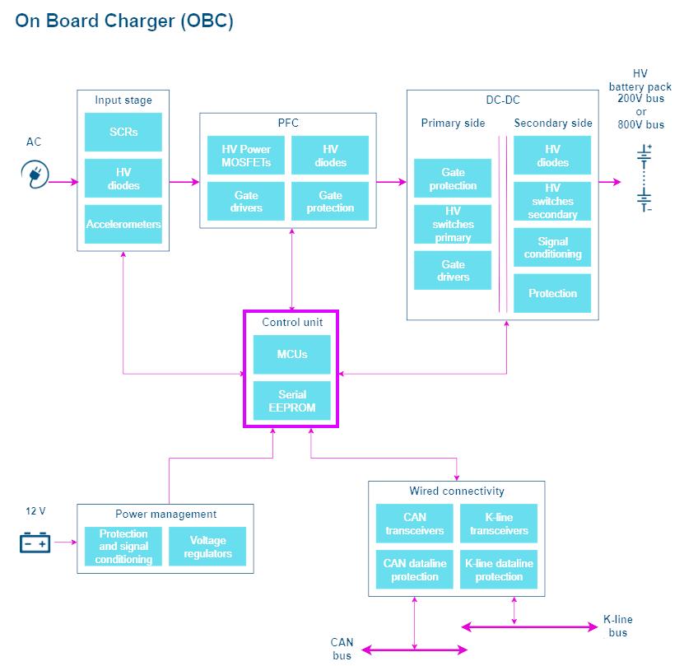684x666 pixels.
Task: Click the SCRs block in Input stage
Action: point(123,132)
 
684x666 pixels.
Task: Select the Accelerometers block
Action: point(123,224)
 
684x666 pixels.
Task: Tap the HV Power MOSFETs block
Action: point(246,155)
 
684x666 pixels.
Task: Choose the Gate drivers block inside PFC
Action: point(246,201)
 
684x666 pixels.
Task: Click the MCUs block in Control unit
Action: point(292,354)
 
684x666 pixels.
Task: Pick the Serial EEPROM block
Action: point(292,401)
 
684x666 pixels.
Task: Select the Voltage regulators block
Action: point(207,547)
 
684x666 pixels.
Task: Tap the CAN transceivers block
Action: point(414,524)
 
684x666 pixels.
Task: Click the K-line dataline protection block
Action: point(499,570)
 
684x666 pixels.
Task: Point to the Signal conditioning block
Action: point(552,247)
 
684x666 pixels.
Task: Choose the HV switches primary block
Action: point(453,224)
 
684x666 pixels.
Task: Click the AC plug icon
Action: point(35,175)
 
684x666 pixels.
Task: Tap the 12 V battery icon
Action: point(35,543)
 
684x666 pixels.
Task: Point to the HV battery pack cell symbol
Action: point(644,178)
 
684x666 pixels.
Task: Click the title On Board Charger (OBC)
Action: point(124,21)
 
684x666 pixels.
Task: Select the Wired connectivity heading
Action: point(457,491)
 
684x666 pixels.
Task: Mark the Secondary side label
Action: point(553,123)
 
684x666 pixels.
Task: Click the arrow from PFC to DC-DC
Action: point(391,182)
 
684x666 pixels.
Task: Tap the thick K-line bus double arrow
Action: point(529,627)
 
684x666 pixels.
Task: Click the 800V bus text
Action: point(641,125)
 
